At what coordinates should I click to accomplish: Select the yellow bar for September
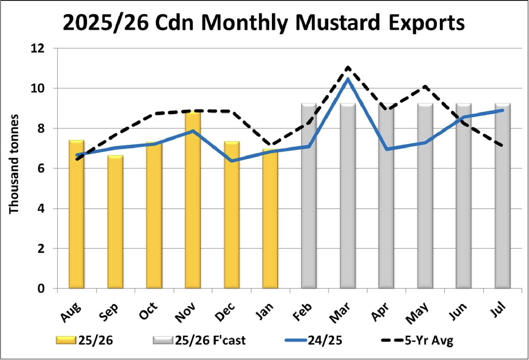115,222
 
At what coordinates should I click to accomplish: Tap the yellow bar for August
76,215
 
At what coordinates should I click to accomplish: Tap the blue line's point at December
231,161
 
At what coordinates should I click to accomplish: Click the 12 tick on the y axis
38,48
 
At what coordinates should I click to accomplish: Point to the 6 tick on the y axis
41,169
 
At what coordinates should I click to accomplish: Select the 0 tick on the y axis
41,288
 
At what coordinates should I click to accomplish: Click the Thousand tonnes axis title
14,164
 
